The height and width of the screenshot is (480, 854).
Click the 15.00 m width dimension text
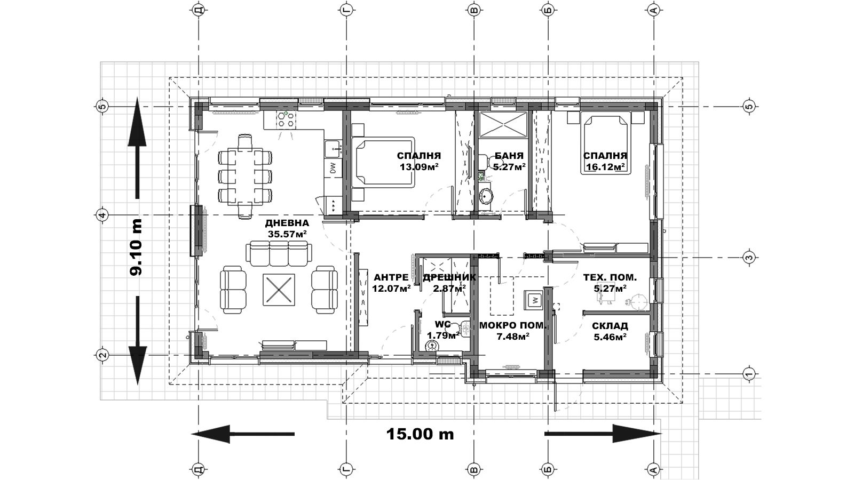pyautogui.click(x=420, y=434)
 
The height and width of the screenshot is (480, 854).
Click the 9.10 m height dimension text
pyautogui.click(x=136, y=247)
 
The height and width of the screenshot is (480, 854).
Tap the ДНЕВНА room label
pyautogui.click(x=287, y=223)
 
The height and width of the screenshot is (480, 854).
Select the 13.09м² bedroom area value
pyautogui.click(x=419, y=166)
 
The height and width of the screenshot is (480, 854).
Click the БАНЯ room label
pyautogui.click(x=509, y=156)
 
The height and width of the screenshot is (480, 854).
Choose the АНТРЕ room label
pyautogui.click(x=391, y=277)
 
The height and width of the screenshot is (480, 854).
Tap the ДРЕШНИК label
pyautogui.click(x=449, y=277)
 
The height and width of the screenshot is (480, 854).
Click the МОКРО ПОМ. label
pyautogui.click(x=513, y=326)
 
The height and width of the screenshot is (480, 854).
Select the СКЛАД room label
pyautogui.click(x=610, y=326)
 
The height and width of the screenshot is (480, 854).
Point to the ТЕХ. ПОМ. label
pyautogui.click(x=610, y=277)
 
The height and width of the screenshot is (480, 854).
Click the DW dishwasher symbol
pyautogui.click(x=333, y=168)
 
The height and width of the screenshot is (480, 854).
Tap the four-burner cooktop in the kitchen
pyautogui.click(x=286, y=119)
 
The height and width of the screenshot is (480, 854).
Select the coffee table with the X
pyautogui.click(x=279, y=290)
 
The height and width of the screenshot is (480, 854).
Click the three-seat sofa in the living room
pyautogui.click(x=279, y=253)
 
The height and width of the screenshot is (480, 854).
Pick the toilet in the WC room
pyautogui.click(x=432, y=345)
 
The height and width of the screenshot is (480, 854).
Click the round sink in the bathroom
pyautogui.click(x=486, y=197)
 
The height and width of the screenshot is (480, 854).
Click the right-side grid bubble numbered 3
pyautogui.click(x=749, y=258)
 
